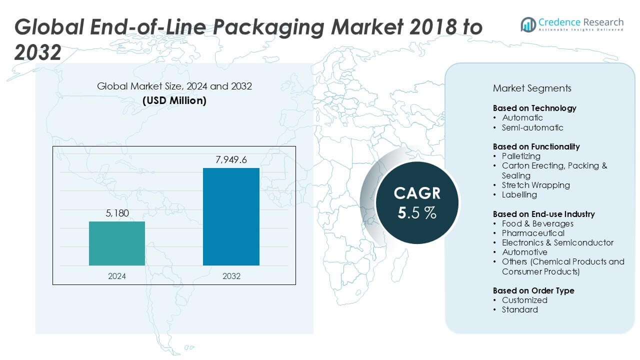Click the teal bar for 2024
117,243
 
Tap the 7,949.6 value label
231,160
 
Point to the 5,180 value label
117,213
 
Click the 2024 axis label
117,276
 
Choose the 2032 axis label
231,276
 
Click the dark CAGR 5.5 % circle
416,202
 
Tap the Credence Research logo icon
528,24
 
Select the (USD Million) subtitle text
174,100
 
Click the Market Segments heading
532,88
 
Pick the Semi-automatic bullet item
532,127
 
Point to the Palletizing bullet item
521,156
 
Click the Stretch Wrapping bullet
535,185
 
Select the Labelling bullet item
519,194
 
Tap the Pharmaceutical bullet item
533,233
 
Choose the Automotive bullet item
524,252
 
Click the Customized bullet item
524,300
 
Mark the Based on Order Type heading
533,290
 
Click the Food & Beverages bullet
537,223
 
